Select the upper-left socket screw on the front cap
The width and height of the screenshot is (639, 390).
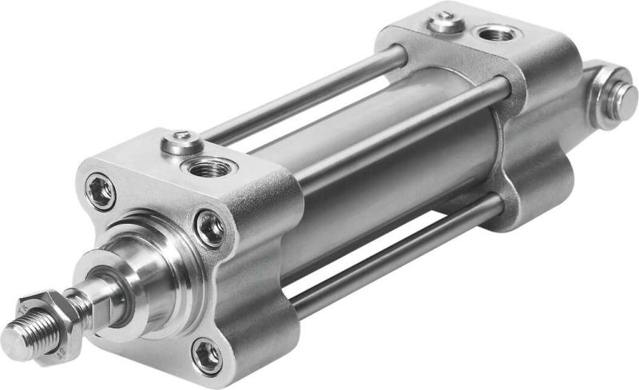[x=101, y=192]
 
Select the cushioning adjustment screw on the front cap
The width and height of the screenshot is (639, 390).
[x=179, y=144]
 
